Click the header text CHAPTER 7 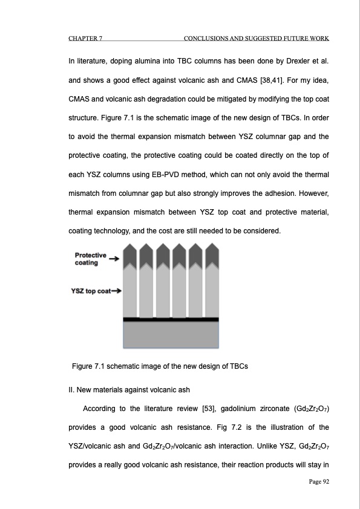click(x=84, y=39)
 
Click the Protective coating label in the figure click(x=90, y=259)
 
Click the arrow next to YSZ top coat click(x=116, y=291)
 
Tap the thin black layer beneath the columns click(x=171, y=319)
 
